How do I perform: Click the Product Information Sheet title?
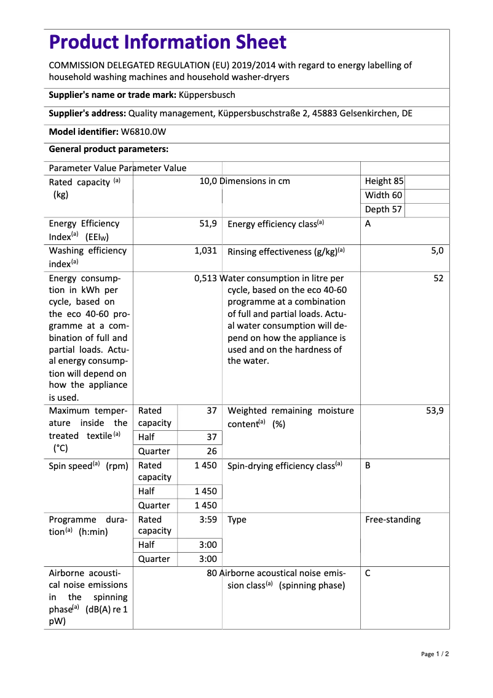pyautogui.click(x=167, y=42)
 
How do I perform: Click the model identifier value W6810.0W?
pyautogui.click(x=143, y=131)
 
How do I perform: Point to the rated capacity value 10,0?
pyautogui.click(x=208, y=181)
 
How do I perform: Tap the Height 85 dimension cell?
pyautogui.click(x=384, y=181)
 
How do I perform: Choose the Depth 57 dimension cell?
pyautogui.click(x=383, y=209)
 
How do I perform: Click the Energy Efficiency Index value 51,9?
pyautogui.click(x=208, y=224)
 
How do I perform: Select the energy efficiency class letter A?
pyautogui.click(x=368, y=224)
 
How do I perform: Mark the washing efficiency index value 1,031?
pyautogui.click(x=205, y=251)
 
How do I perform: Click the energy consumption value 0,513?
pyautogui.click(x=205, y=278)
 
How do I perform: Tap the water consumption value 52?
pyautogui.click(x=438, y=278)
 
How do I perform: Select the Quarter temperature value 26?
pyautogui.click(x=211, y=451)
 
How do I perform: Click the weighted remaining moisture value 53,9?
pyautogui.click(x=434, y=411)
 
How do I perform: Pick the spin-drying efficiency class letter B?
pyautogui.click(x=368, y=466)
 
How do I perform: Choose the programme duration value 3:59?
pyautogui.click(x=208, y=519)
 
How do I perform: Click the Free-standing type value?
pyautogui.click(x=393, y=519)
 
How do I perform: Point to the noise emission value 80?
pyautogui.click(x=211, y=573)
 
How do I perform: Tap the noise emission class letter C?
pyautogui.click(x=368, y=573)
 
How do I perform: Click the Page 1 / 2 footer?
pyautogui.click(x=435, y=654)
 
